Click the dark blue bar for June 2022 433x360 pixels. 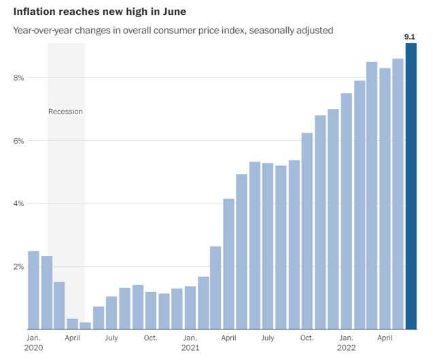pos(411,186)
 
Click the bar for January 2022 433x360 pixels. pos(346,212)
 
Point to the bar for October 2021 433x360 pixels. pos(307,231)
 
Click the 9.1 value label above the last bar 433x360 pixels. pos(410,37)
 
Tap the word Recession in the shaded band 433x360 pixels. pos(65,111)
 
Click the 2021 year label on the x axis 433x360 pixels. pos(190,347)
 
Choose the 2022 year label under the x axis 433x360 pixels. pos(346,347)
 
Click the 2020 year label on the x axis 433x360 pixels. pos(33,347)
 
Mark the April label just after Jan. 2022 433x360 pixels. pos(385,338)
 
